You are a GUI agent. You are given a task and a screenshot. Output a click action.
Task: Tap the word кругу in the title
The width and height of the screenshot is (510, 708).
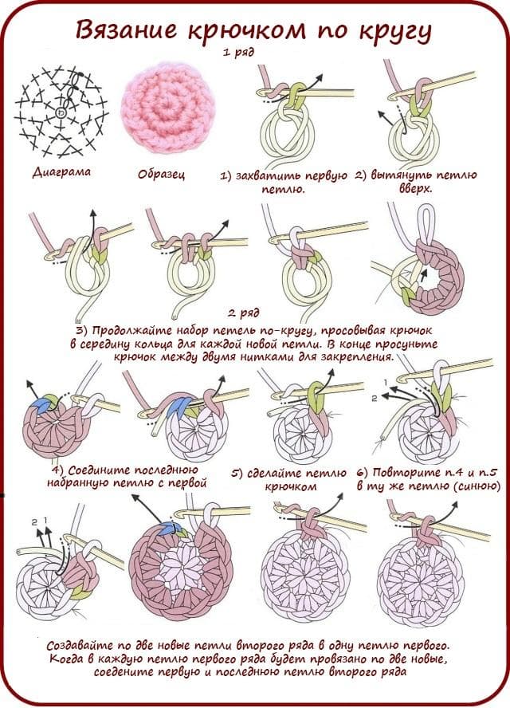(392, 31)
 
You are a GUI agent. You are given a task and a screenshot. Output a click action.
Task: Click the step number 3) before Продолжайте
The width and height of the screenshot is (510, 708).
(81, 329)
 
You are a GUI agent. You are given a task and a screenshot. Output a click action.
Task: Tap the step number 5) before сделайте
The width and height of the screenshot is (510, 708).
(237, 473)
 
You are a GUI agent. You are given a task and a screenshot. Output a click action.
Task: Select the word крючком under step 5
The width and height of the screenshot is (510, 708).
(290, 486)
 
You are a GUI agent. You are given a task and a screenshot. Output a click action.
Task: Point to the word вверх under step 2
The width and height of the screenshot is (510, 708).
(415, 190)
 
